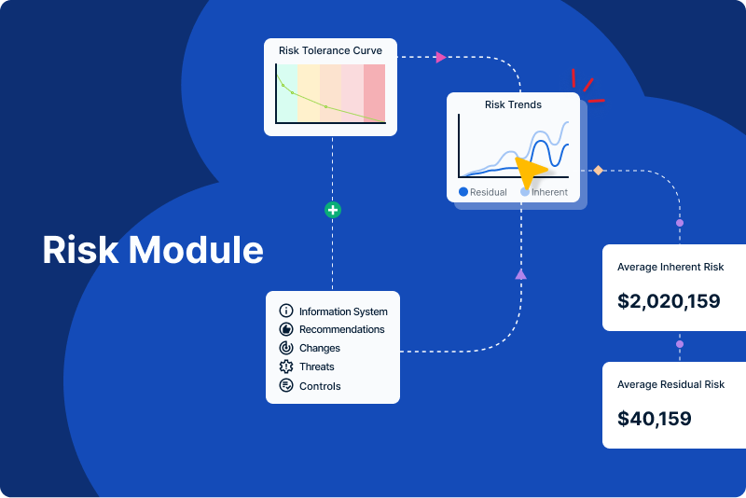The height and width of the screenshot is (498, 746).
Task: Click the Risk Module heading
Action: point(153,251)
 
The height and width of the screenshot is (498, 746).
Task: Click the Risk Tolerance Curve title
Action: point(330,50)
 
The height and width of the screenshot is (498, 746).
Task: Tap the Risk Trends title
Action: point(513,104)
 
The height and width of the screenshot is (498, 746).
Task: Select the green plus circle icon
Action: point(332,210)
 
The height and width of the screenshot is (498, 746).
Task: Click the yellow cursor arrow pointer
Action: point(530,173)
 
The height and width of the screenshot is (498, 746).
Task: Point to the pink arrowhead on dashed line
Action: point(440,57)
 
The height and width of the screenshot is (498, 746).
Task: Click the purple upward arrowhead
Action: point(520,273)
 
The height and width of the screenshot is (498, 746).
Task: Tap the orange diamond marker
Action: point(599,170)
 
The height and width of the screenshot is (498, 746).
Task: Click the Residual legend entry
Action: point(482,192)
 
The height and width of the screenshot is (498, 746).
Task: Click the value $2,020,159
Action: point(669,301)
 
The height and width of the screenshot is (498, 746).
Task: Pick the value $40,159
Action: point(655,419)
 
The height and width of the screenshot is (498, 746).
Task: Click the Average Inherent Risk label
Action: point(670,268)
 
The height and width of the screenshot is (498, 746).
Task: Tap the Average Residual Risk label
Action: point(670,384)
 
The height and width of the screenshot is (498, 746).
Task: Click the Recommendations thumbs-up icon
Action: point(286,329)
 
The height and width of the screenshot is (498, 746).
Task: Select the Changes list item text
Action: point(319,348)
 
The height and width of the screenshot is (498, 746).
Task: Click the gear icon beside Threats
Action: point(286,367)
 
